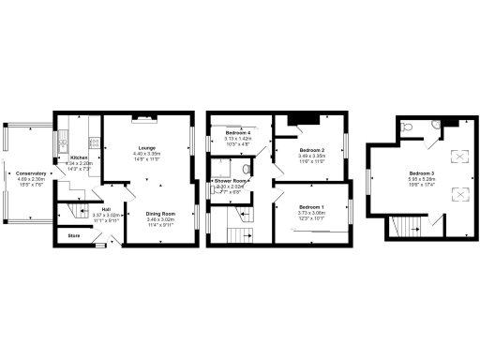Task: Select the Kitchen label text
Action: point(78,157)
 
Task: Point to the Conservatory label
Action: point(31,173)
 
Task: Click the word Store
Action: point(73,236)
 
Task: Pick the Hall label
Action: point(106,208)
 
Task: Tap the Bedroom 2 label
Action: point(312,150)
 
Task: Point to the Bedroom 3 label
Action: point(421,173)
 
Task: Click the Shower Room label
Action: point(232,180)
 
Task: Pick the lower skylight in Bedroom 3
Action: point(459,194)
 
